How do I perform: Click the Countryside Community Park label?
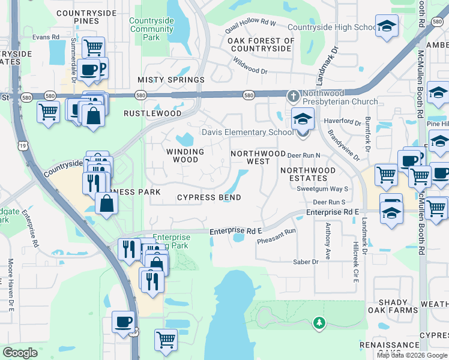coord(152,29)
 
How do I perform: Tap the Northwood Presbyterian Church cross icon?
coord(294,95)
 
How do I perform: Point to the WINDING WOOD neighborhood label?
coord(185,156)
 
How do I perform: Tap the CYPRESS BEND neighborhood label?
coord(209,197)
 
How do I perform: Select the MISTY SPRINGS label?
coord(171,80)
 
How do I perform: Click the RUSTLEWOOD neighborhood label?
coord(152,113)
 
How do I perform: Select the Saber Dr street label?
coord(306,262)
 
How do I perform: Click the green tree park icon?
coord(319,324)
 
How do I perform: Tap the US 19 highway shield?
coord(23,145)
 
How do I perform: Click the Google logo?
coord(20,352)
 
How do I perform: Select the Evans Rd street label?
coord(46,37)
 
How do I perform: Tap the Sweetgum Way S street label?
coord(322,188)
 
